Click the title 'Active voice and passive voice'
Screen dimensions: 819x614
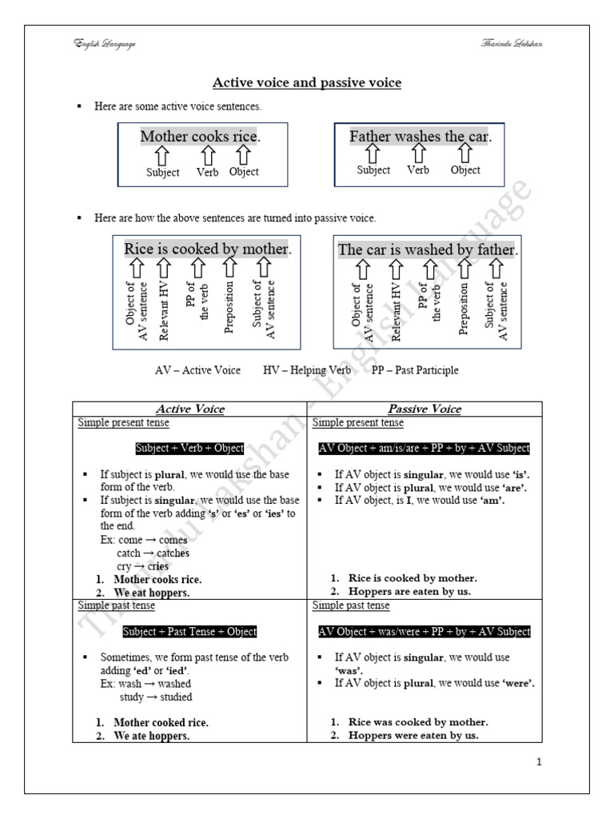307,82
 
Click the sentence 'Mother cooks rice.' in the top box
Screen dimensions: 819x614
200,137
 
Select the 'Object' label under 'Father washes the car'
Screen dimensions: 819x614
465,170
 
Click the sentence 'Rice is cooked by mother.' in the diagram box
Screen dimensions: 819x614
208,249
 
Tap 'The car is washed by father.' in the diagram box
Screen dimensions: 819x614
429,250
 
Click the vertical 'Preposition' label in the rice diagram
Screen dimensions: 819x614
229,306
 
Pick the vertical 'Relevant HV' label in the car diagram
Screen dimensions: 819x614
397,312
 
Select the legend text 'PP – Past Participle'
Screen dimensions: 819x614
415,370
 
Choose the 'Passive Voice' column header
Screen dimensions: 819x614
425,409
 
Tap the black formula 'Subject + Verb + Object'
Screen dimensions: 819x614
189,448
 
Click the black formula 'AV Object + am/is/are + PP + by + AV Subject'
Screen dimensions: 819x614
425,448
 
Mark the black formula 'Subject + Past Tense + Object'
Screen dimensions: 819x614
189,632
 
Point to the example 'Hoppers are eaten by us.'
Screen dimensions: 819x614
410,592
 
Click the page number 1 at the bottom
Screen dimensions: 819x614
540,761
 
